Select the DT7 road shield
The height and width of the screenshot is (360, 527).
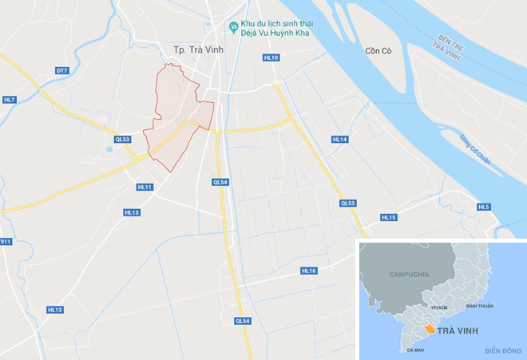pos(61,70)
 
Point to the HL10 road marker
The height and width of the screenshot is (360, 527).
pos(271,58)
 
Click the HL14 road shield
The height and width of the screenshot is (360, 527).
pos(340,140)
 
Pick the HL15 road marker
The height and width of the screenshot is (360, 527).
pos(388,217)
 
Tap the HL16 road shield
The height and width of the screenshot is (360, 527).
pos(309,271)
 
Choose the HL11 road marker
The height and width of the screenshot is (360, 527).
pos(144,187)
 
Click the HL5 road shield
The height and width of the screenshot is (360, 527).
pos(483,207)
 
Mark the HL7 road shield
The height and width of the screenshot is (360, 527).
pos(9,99)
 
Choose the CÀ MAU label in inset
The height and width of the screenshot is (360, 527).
pos(414,350)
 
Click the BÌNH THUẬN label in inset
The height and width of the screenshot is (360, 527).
pos(480,306)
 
